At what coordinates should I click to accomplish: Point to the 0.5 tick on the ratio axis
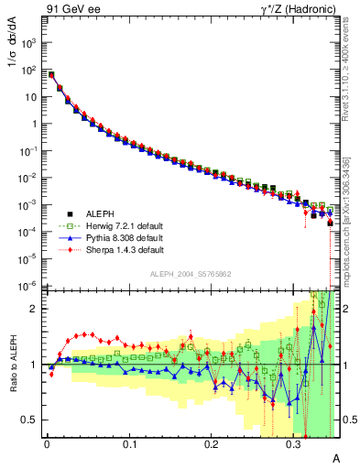[x=30, y=420]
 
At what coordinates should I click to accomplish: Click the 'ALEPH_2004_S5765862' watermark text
[x=190, y=274]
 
